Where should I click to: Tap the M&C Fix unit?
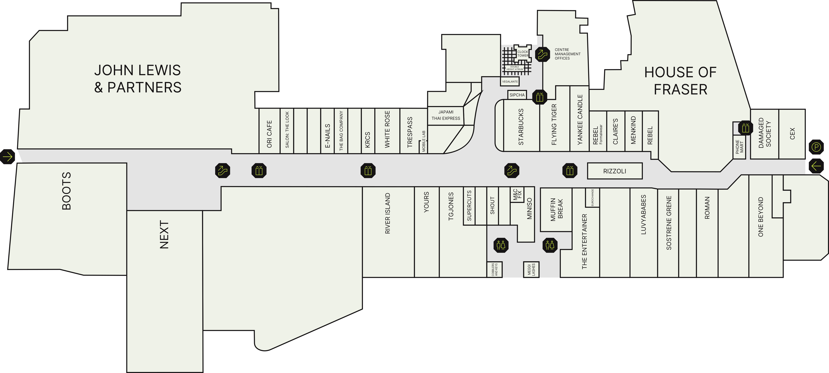(517, 195)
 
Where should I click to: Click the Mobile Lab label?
(424, 141)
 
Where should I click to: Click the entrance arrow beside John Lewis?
(7, 157)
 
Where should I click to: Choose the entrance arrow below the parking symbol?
(816, 166)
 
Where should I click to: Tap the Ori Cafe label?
(269, 134)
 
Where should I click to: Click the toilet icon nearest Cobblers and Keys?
(501, 245)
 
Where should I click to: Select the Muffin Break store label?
(556, 209)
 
